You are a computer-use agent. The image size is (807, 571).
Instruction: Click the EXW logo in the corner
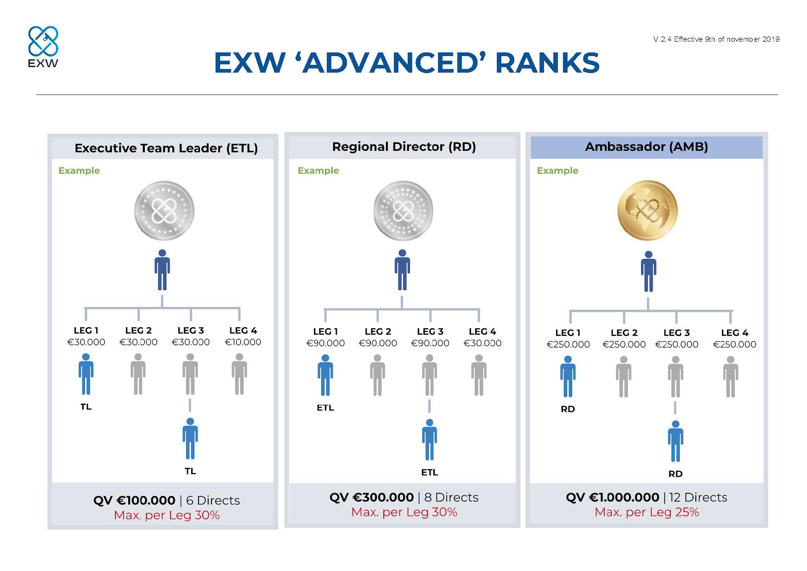(43, 47)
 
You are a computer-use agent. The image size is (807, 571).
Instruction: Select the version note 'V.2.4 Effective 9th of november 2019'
(716, 40)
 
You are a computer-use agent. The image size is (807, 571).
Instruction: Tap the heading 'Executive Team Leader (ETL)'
(166, 148)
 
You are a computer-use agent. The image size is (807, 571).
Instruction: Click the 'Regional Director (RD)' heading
(404, 147)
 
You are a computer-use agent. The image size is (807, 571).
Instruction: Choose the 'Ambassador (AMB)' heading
(646, 147)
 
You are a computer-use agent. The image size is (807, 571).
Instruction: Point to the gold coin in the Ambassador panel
(648, 211)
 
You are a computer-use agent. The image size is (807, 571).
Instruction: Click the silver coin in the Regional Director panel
(403, 211)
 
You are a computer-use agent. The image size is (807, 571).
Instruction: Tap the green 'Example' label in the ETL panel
(79, 171)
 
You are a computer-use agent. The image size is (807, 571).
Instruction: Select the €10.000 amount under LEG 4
(243, 342)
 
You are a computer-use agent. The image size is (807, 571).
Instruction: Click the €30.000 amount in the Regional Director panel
(482, 343)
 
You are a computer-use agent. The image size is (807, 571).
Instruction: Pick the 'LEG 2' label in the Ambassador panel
(624, 332)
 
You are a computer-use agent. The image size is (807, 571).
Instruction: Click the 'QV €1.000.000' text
(612, 497)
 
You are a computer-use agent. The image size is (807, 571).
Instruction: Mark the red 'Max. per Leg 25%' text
(647, 512)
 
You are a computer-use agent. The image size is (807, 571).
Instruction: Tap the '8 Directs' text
(451, 497)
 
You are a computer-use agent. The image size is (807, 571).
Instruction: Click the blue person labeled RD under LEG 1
(568, 377)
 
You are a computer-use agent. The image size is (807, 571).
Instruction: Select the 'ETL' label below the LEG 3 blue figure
(430, 472)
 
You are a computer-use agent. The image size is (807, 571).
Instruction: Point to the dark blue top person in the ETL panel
(162, 270)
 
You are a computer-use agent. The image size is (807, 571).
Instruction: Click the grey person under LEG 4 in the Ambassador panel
(730, 377)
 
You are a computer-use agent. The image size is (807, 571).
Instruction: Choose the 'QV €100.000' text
(134, 500)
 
